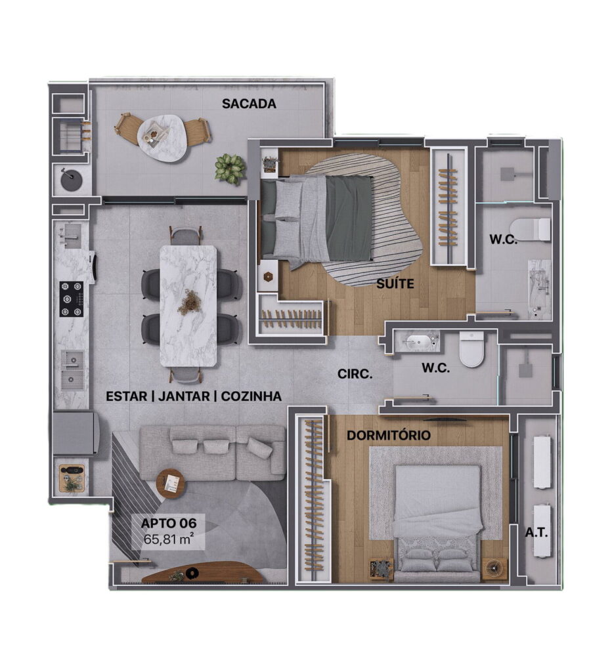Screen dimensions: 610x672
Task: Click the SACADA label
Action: point(249,104)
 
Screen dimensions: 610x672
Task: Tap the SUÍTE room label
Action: point(395,283)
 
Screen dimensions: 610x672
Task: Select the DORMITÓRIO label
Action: point(388,436)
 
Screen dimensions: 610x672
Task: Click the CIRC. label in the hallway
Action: point(355,374)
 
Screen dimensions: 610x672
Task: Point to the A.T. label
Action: point(536,533)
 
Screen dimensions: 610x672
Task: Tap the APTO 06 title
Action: point(169,523)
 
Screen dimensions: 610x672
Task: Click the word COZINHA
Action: point(251,396)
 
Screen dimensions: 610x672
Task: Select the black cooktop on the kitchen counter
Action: point(71,299)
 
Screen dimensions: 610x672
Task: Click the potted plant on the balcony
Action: point(230,169)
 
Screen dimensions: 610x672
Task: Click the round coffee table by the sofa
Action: point(172,484)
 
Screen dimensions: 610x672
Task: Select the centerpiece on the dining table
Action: point(189,299)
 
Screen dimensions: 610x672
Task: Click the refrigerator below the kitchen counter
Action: point(76,433)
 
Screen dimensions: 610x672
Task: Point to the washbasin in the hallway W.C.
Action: point(418,342)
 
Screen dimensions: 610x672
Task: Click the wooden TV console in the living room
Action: point(202,572)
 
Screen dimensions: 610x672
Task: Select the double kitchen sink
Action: point(72,370)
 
